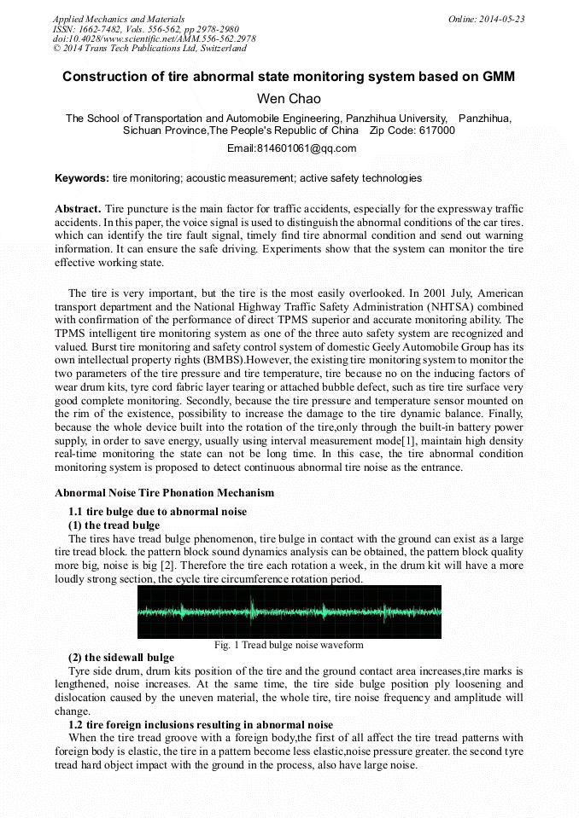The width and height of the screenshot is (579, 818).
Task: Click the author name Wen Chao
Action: tap(289, 99)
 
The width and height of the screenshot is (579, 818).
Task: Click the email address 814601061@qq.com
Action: tap(292, 148)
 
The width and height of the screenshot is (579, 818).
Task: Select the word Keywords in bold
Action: tap(81, 178)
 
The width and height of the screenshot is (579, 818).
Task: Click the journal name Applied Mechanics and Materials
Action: tap(119, 19)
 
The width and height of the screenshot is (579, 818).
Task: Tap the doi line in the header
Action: tap(154, 39)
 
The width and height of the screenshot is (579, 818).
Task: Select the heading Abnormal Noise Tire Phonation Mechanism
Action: tap(165, 493)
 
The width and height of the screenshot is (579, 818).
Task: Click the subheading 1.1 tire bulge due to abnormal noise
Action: tap(157, 512)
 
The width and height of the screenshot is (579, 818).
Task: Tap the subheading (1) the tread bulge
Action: tap(114, 525)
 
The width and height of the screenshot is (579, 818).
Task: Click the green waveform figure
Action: tap(289, 611)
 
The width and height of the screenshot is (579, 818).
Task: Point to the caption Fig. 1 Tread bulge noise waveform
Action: tap(289, 645)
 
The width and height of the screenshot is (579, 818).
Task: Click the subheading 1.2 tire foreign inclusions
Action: tap(188, 725)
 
